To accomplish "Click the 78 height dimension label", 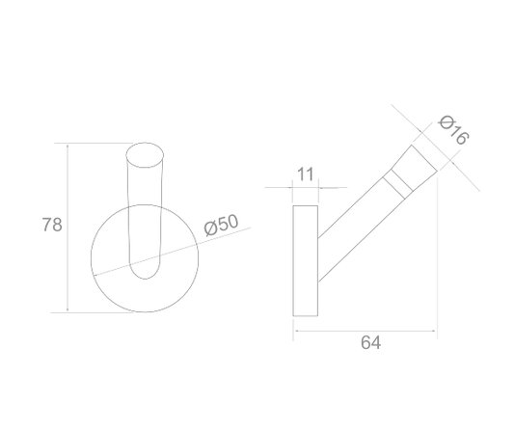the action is (52, 225).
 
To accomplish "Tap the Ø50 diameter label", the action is (221, 225).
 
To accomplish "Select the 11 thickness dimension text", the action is (306, 174).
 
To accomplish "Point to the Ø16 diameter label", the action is (454, 129).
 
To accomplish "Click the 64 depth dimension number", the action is (370, 342).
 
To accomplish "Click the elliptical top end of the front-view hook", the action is (145, 155).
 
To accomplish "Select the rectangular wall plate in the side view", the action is (306, 261).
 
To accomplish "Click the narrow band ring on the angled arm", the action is (397, 185).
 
